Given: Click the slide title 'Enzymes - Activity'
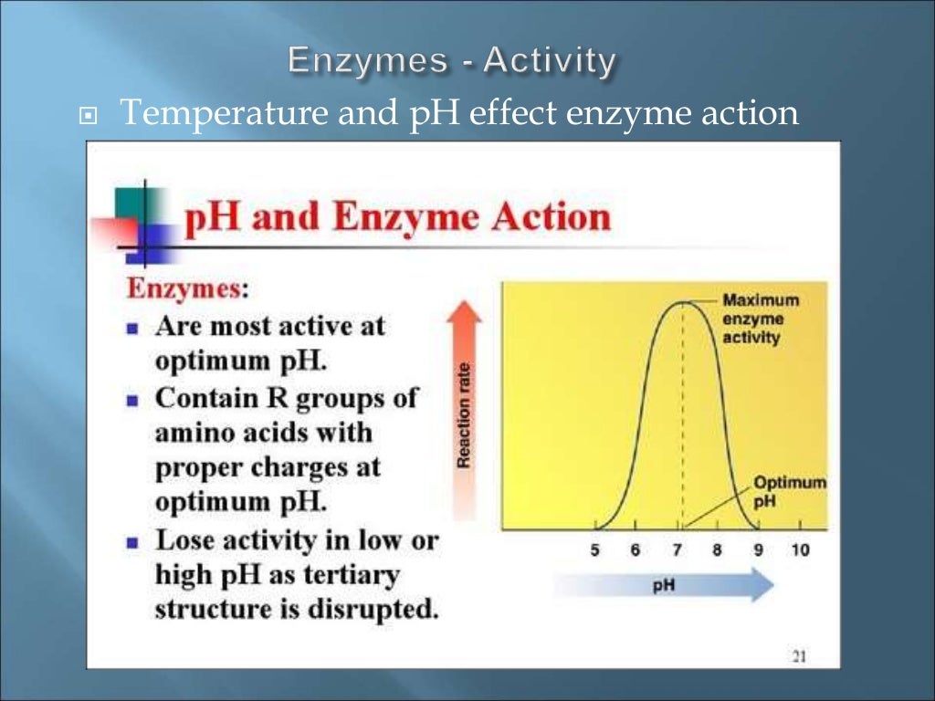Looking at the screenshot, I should (x=452, y=62).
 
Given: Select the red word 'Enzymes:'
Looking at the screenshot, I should (x=186, y=288).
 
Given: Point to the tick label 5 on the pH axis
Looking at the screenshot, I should (x=595, y=550).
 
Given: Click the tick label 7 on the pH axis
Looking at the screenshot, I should (x=678, y=550).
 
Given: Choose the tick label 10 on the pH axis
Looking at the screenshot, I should (x=800, y=550).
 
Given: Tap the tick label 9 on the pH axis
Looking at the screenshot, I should (x=759, y=550).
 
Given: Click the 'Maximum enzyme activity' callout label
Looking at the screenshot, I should (x=760, y=319).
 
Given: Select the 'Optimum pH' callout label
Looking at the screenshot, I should (x=790, y=491).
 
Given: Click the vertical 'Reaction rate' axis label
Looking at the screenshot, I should (x=464, y=415).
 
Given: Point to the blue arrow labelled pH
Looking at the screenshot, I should (x=664, y=585).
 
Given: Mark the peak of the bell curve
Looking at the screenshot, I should (x=682, y=301).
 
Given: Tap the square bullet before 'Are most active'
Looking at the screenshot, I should (x=133, y=327).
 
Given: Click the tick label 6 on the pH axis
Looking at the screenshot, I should (x=636, y=550).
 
